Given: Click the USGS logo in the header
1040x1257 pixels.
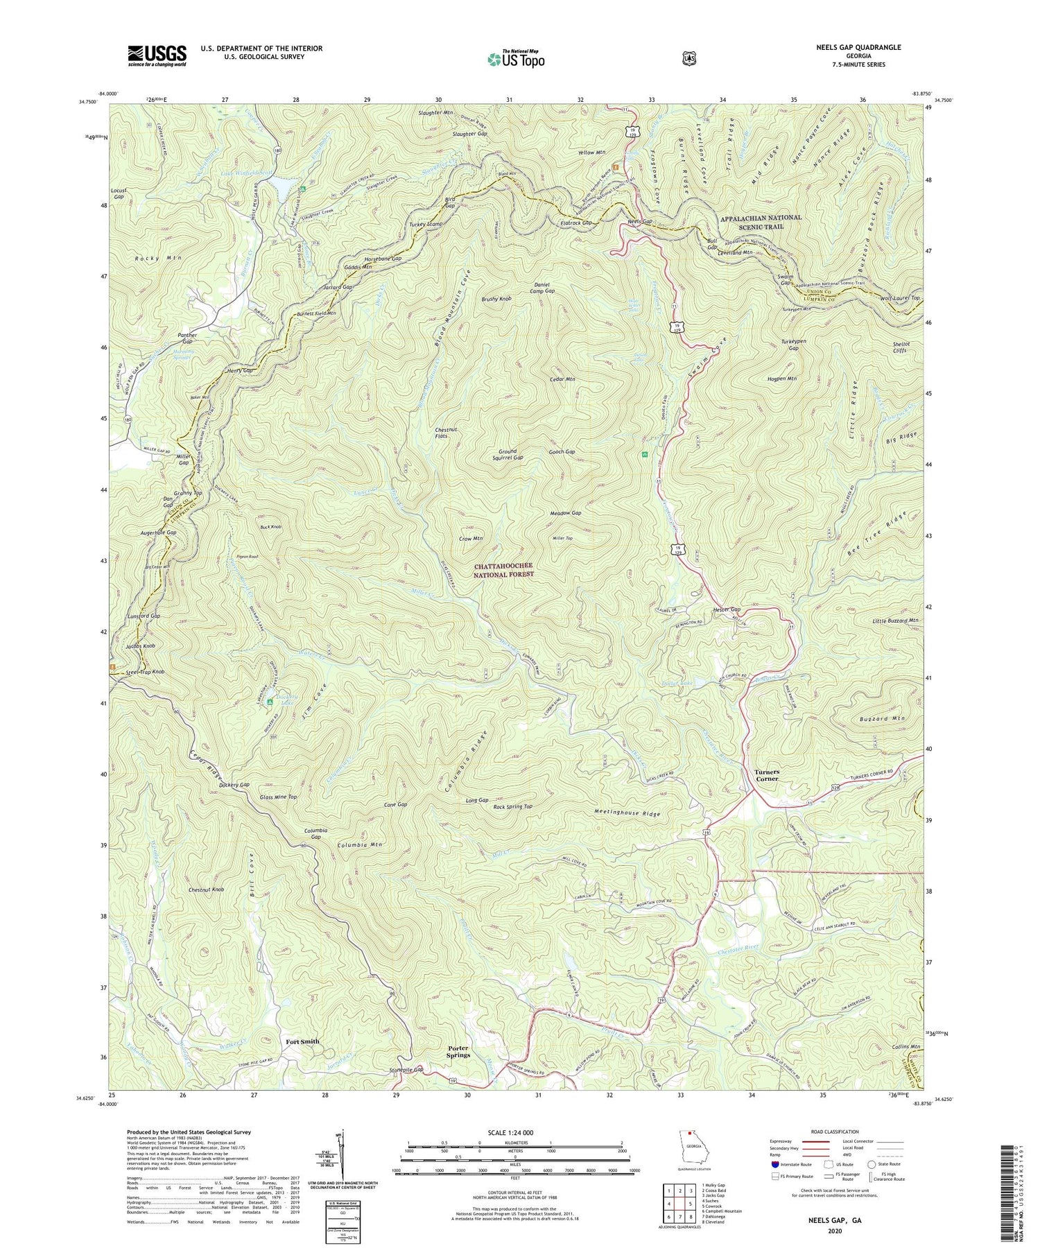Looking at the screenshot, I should pos(157,55).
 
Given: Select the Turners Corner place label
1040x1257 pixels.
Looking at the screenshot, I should pos(767,775).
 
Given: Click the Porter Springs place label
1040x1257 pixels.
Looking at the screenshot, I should pos(458,1051).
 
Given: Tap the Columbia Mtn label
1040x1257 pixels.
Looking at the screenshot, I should pos(360,845).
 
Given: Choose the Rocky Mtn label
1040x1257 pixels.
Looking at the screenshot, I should pos(157,258).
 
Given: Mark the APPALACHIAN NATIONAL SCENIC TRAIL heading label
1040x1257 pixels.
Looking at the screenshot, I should pos(761,222).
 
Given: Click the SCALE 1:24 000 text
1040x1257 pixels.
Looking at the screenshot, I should pos(514,1132).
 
